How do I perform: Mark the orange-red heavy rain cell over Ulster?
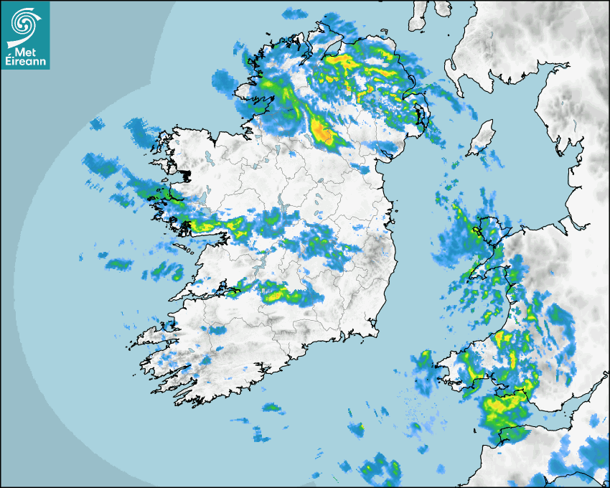[x=322, y=132]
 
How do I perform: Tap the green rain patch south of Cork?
[x=271, y=408]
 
